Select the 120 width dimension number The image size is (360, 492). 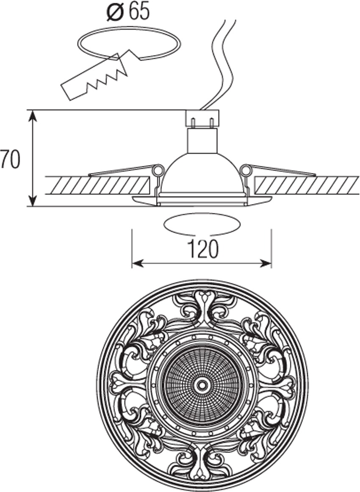tap(203, 250)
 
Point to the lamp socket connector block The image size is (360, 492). tap(202, 117)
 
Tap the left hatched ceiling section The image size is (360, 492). tap(97, 185)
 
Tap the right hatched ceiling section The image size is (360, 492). tap(307, 185)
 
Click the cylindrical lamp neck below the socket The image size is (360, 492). tap(202, 140)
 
